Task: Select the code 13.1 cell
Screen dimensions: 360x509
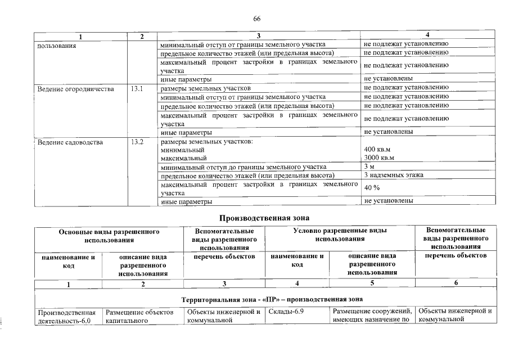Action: pyautogui.click(x=137, y=89)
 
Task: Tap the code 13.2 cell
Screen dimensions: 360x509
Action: pyautogui.click(x=137, y=142)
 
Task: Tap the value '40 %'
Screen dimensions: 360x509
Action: pyautogui.click(x=372, y=188)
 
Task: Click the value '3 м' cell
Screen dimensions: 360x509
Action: pyautogui.click(x=370, y=166)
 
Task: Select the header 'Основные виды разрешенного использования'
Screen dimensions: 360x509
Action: pyautogui.click(x=110, y=236)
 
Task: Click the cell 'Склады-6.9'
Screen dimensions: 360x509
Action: pyautogui.click(x=286, y=312)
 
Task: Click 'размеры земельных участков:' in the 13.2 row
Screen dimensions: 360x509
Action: pyautogui.click(x=206, y=142)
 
